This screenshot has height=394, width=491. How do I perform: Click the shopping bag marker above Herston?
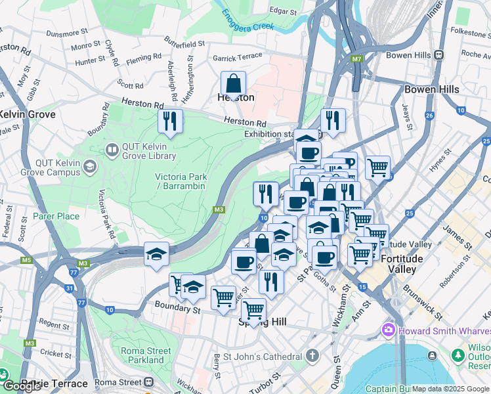tap(233, 84)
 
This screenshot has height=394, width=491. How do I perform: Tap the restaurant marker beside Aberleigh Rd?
tap(169, 121)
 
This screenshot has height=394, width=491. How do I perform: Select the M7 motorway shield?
tap(356, 59)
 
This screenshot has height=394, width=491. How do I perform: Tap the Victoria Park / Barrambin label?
tap(181, 181)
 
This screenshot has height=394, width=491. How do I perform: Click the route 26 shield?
tap(429, 116)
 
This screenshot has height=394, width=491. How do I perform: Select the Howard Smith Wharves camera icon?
tap(389, 329)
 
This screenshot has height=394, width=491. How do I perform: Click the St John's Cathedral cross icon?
tap(312, 357)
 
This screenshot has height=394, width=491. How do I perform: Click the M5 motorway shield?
tap(26, 260)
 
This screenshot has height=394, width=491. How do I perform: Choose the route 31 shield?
tap(70, 288)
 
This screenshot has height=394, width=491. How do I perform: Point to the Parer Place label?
tap(56, 216)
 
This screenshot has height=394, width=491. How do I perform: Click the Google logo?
tap(22, 386)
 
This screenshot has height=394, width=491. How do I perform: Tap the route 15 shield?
tap(362, 286)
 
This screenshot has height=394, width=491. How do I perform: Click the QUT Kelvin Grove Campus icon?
tap(89, 171)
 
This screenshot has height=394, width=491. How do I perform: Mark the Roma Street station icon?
tap(149, 382)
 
